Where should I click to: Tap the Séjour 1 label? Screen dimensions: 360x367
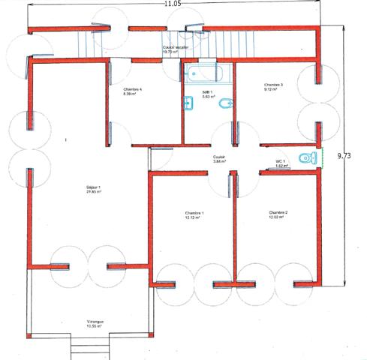[x=94, y=187]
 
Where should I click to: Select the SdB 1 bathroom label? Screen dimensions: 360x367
[x=207, y=92]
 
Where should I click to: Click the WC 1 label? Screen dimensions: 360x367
[x=280, y=160]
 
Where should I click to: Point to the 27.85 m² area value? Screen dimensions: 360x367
[x=94, y=192]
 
